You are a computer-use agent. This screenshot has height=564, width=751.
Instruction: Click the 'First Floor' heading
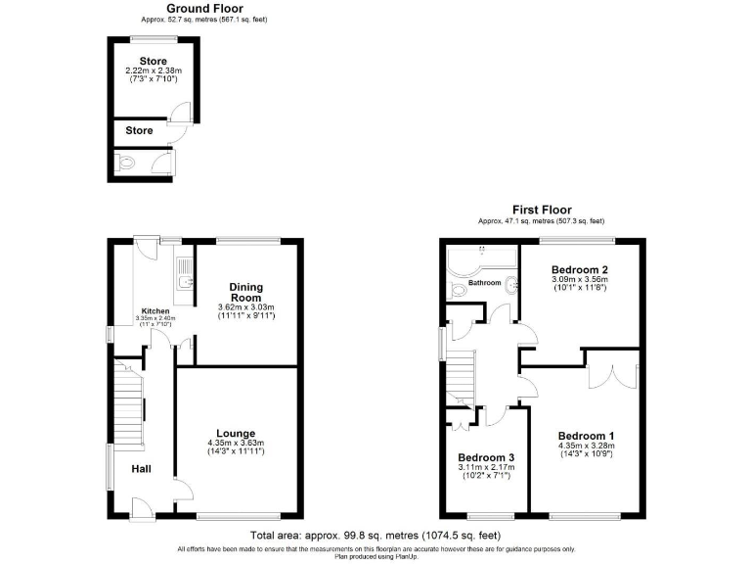(541, 210)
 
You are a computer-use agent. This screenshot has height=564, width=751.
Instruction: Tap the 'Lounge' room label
(236, 433)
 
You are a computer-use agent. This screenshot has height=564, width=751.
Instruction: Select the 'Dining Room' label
(245, 291)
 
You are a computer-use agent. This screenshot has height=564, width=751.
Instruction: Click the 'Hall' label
(141, 469)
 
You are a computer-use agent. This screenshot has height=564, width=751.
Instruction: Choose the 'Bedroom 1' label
(586, 436)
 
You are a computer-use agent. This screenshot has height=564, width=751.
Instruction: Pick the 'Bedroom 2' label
(580, 269)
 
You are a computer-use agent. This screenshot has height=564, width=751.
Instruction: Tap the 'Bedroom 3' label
(486, 457)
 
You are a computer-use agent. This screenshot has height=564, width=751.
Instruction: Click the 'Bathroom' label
(484, 283)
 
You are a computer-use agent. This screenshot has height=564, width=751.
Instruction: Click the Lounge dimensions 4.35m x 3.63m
(236, 444)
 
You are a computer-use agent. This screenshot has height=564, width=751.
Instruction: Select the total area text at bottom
(375, 536)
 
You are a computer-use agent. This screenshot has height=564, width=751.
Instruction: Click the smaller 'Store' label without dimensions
(139, 130)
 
